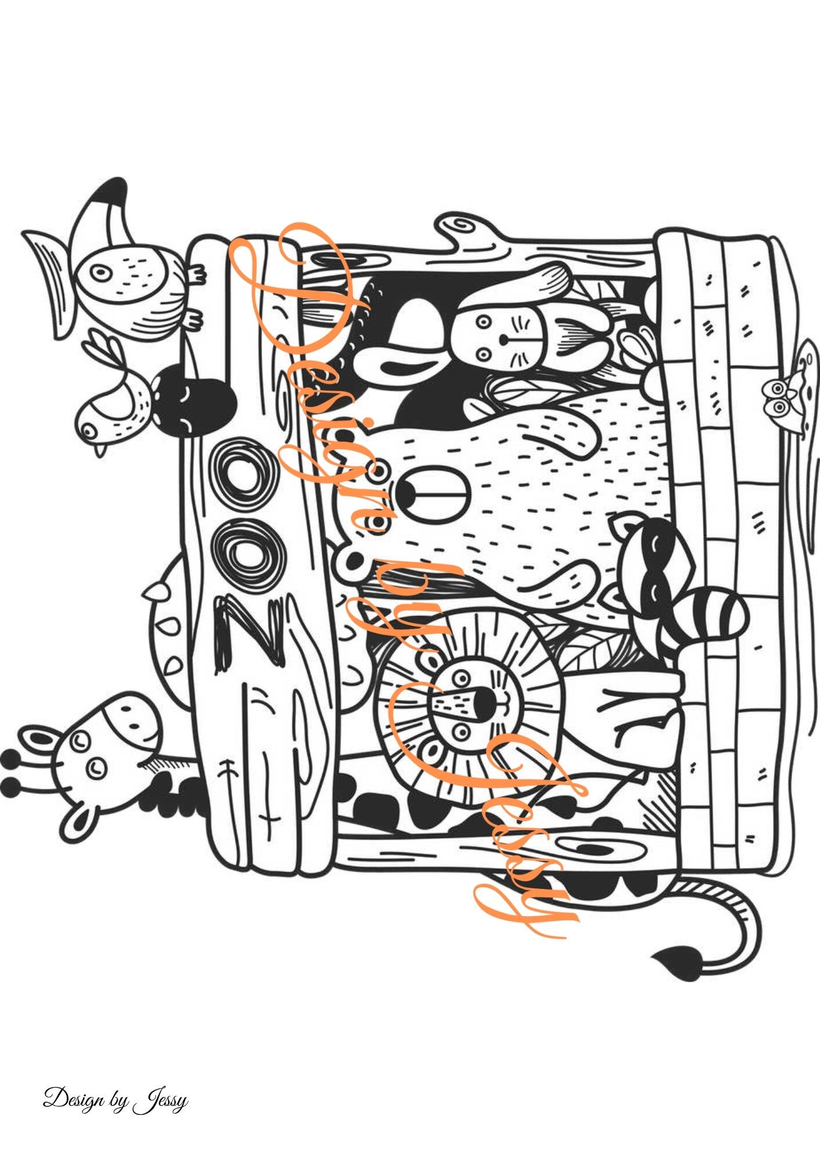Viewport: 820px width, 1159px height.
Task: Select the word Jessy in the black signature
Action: tap(161, 1100)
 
